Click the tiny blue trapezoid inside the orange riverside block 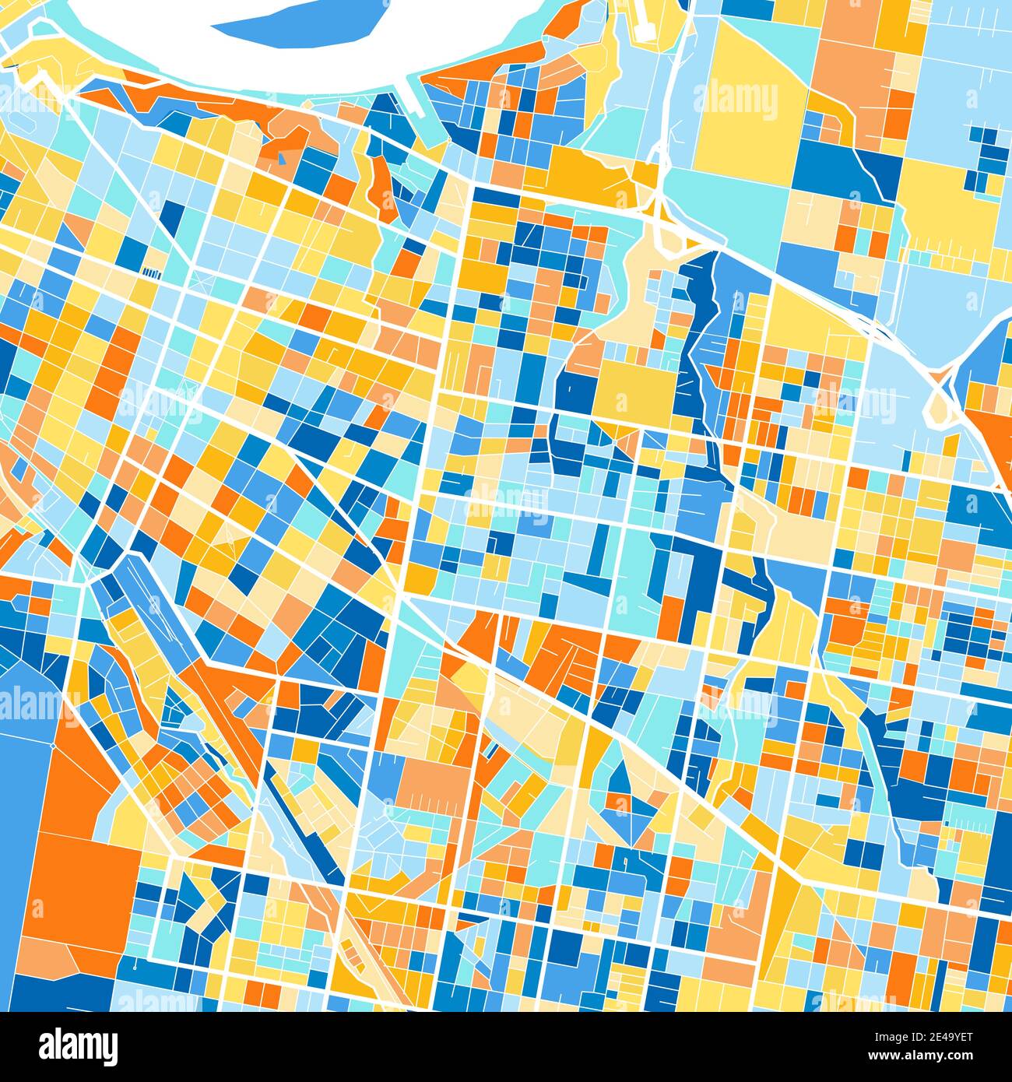pyautogui.click(x=281, y=160)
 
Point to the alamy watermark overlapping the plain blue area pyautogui.click(x=31, y=704)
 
